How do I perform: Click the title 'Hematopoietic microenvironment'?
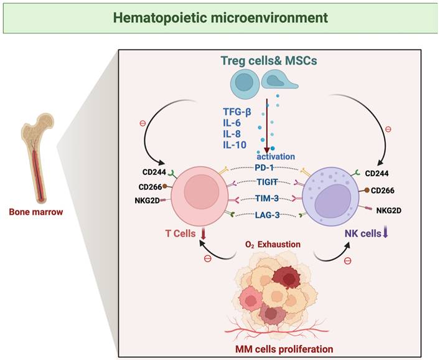tap(220, 17)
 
